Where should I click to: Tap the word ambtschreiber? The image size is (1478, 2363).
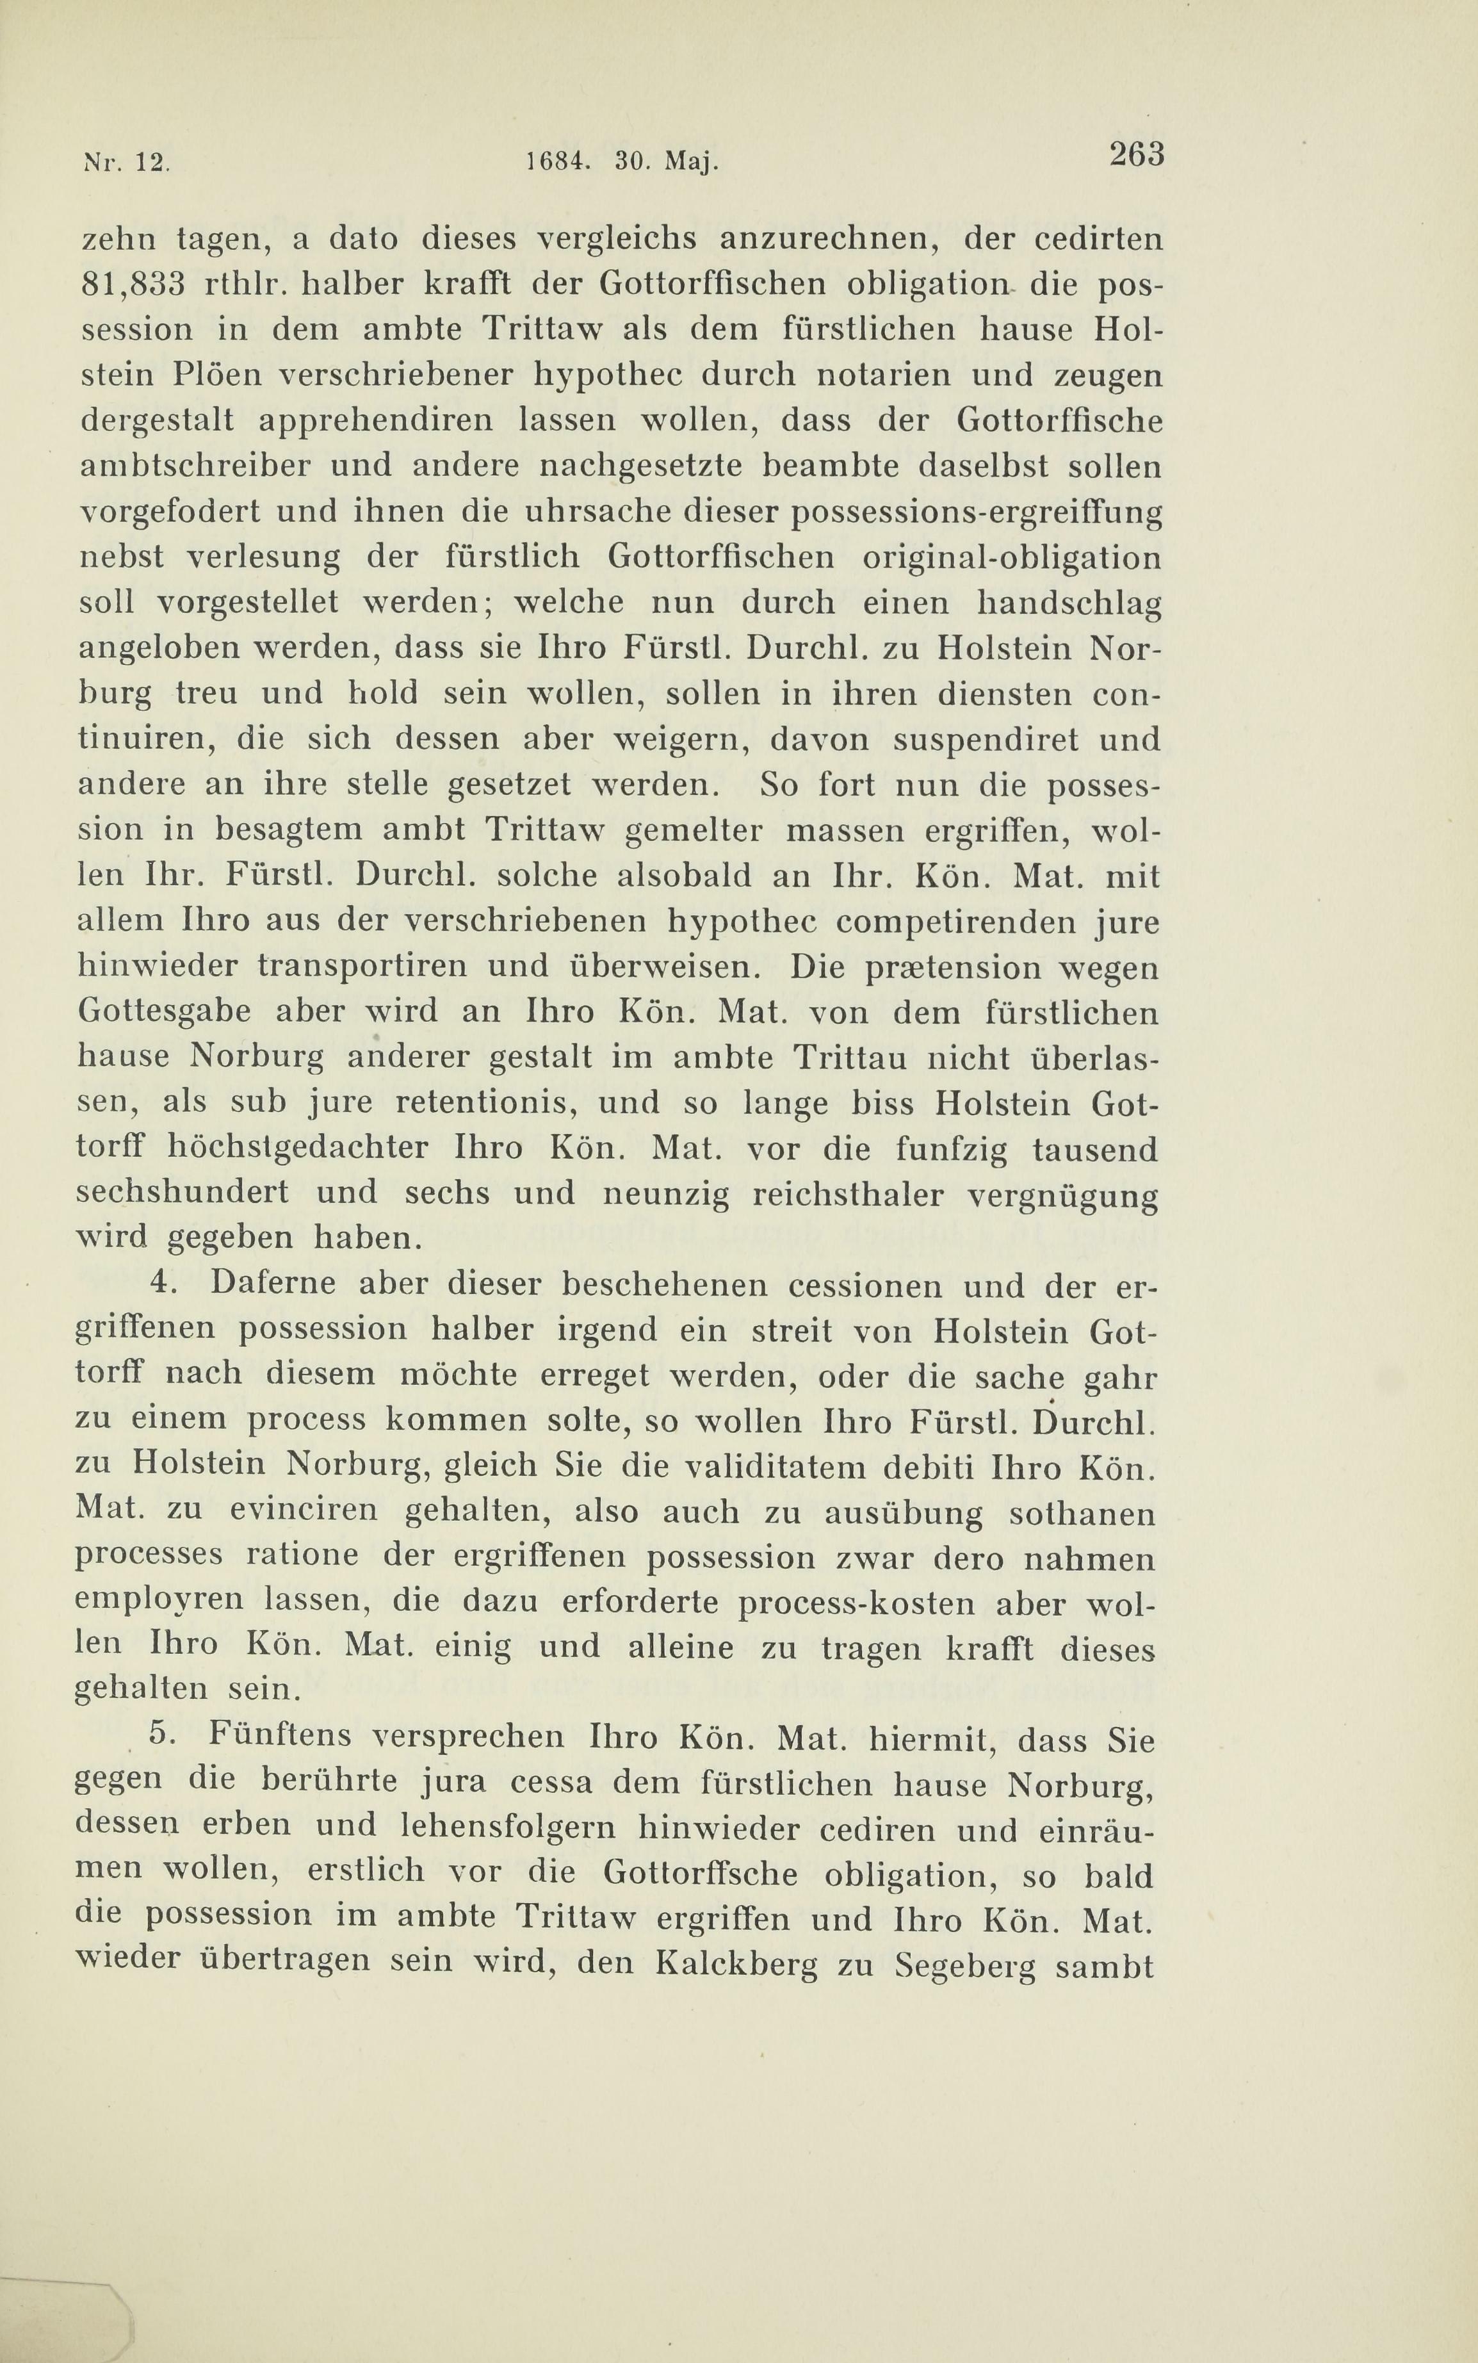point(193,466)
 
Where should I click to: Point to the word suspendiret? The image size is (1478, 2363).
point(986,739)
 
